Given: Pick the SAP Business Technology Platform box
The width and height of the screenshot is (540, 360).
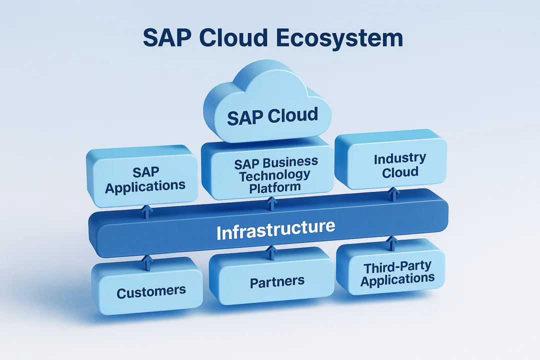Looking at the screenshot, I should (x=270, y=172).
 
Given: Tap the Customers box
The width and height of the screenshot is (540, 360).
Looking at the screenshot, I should (x=150, y=289).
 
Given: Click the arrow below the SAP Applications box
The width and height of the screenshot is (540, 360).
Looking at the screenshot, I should (x=146, y=211).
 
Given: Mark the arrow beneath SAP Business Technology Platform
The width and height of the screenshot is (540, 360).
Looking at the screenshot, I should (x=271, y=203).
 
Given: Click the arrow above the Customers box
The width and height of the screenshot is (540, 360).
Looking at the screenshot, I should (x=146, y=261).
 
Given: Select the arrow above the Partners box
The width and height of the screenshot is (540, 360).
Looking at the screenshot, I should (x=271, y=252).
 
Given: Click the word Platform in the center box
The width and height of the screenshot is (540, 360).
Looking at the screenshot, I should (x=275, y=186).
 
